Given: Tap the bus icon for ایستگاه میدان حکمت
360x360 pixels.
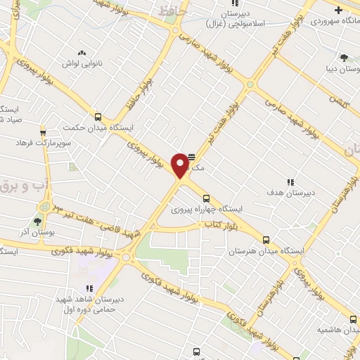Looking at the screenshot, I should (x=97, y=117).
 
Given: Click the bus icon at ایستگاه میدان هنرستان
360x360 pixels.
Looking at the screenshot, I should (x=266, y=239).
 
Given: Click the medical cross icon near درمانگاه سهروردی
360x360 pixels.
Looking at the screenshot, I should (x=338, y=10).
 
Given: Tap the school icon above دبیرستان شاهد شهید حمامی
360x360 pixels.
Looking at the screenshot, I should (x=89, y=288).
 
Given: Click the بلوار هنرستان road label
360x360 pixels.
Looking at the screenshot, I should (x=274, y=296).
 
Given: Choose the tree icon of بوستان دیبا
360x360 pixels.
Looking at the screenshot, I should (x=343, y=58).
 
